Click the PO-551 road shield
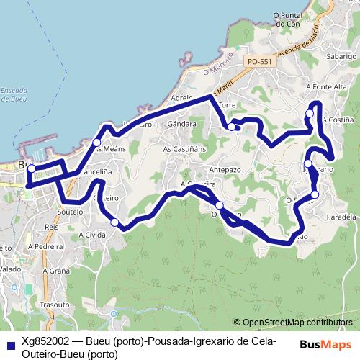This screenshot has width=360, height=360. (259, 63)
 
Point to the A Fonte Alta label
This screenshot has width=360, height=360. (323, 87)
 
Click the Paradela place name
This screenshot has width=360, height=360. (341, 216)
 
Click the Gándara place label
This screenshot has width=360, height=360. (181, 124)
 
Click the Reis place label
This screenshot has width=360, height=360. (51, 226)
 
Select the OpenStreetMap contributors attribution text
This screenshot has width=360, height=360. (295, 322)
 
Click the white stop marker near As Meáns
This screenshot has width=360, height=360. (96, 143)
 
